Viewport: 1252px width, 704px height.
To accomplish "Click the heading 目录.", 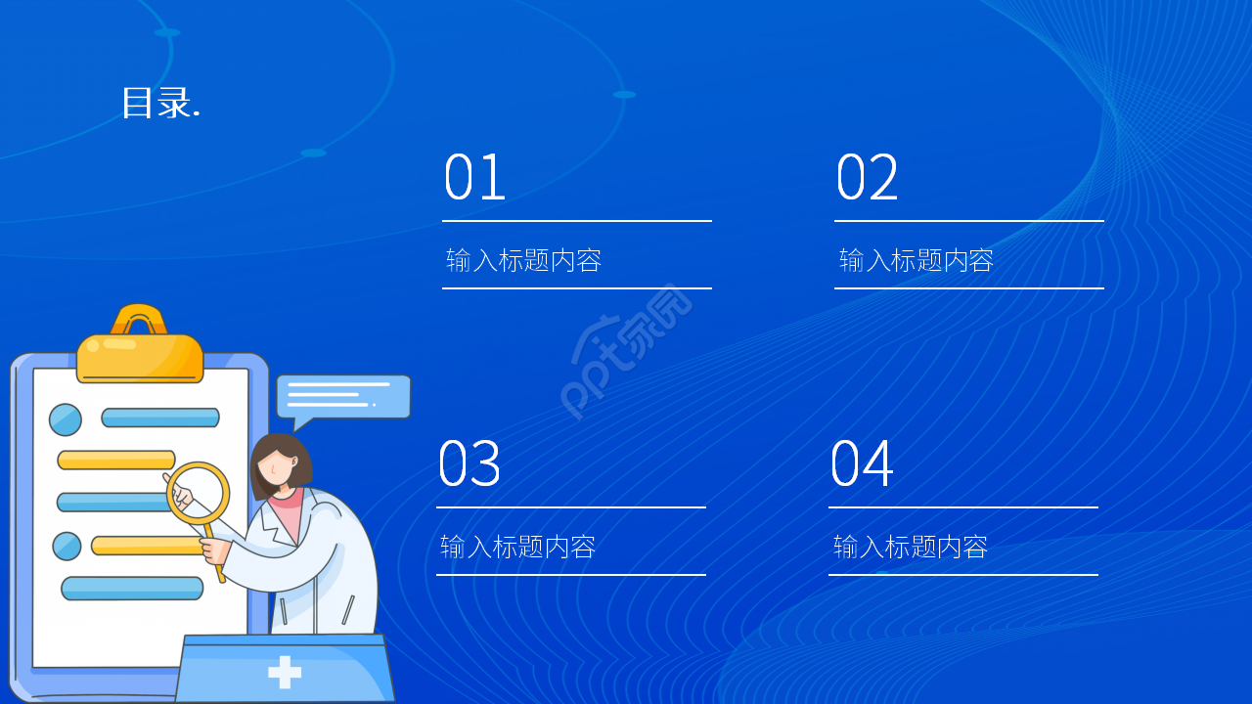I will [160, 103].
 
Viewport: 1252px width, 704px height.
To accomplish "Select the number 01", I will [474, 178].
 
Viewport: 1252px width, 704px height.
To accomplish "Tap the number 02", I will [867, 178].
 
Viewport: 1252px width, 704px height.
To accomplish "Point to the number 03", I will [469, 464].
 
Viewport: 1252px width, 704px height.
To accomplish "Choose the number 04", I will [861, 464].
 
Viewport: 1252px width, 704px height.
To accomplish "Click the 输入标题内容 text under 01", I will [523, 260].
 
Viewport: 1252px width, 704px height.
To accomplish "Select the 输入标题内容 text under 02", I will [917, 260].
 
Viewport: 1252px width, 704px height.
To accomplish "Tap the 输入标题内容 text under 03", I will [517, 547].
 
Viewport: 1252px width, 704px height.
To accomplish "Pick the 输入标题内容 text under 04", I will [911, 547].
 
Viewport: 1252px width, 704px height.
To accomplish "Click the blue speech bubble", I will [342, 396].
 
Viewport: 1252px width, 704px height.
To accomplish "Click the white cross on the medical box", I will [285, 672].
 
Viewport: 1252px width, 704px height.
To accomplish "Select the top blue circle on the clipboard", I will [66, 419].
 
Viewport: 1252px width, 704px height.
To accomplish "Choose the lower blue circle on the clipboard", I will [67, 546].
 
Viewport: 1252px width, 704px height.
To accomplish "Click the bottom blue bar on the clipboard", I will [132, 589].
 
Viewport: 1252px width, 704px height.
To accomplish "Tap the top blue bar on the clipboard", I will [160, 418].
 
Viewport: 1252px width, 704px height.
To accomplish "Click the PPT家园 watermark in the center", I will [626, 352].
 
